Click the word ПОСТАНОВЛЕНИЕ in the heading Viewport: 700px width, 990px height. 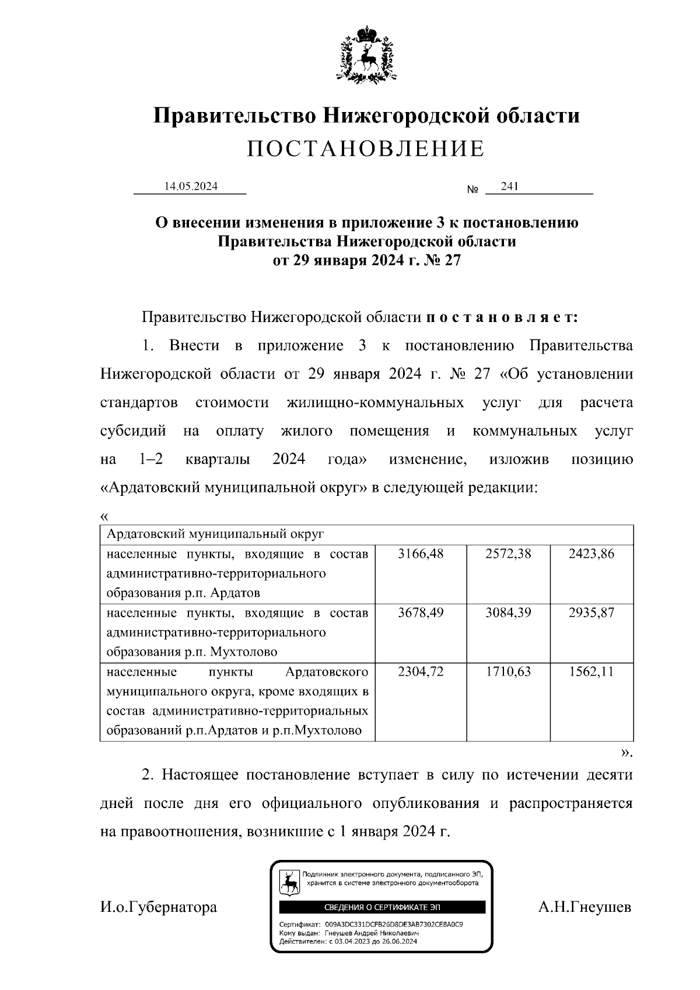point(366,149)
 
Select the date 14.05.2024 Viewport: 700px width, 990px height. point(191,187)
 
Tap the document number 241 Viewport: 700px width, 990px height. point(509,187)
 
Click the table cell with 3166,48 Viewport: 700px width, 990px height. point(421,554)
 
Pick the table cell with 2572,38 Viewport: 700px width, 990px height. point(508,554)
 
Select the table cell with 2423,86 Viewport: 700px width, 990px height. point(591,554)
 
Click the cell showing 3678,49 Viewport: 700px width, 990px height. point(421,613)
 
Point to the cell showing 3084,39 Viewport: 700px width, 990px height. point(508,613)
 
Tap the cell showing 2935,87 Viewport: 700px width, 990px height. point(591,613)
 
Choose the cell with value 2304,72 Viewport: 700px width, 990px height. point(421,672)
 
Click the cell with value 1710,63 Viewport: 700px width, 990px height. point(508,672)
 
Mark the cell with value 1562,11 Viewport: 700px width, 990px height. point(591,672)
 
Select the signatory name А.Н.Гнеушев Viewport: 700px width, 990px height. point(584,908)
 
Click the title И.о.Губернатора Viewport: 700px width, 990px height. point(159,908)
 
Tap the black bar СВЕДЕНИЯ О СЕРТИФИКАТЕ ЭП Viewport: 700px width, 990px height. point(382,908)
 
